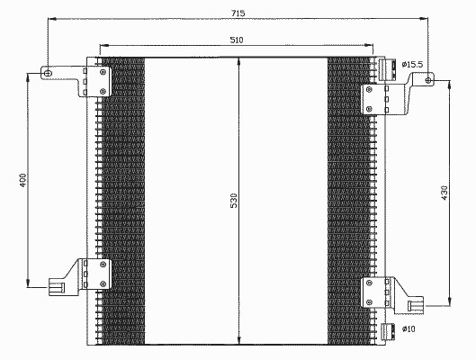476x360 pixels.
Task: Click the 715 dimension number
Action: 238,13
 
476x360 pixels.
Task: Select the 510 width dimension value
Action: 237,40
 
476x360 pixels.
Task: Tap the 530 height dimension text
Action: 234,201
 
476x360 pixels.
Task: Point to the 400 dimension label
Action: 23,180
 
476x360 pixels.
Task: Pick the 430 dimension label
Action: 445,193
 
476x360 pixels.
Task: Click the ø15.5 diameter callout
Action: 412,65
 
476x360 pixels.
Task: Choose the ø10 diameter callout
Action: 409,328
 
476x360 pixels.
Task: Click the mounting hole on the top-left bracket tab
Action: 48,73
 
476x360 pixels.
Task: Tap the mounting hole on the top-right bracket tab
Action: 428,80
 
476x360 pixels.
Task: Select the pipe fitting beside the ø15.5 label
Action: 388,69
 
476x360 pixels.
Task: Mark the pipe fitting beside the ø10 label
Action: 388,331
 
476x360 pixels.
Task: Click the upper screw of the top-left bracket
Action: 103,72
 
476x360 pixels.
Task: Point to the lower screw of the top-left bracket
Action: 103,91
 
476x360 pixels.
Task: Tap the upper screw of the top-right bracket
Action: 369,89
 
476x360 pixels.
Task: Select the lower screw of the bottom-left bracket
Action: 103,283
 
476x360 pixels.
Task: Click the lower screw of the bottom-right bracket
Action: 369,302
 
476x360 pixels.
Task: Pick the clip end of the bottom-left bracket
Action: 57,287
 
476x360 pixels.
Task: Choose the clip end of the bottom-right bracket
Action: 416,304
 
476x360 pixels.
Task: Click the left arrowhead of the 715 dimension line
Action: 52,19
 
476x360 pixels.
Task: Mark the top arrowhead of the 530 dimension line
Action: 239,61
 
